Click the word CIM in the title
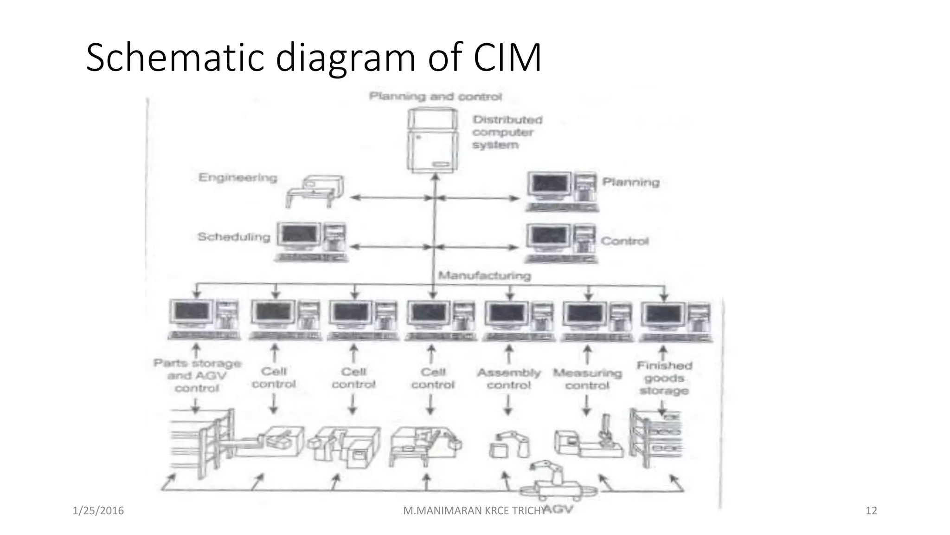[507, 58]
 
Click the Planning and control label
[435, 97]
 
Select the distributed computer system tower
[431, 140]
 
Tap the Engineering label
[237, 177]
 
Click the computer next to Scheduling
[311, 241]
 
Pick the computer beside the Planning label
[562, 191]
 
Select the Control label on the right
[624, 241]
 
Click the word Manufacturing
[484, 276]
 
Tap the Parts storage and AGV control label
[197, 376]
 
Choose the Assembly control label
[509, 379]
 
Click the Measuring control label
[587, 379]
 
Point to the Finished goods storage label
[664, 378]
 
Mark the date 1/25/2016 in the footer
[98, 511]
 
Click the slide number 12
[871, 511]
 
